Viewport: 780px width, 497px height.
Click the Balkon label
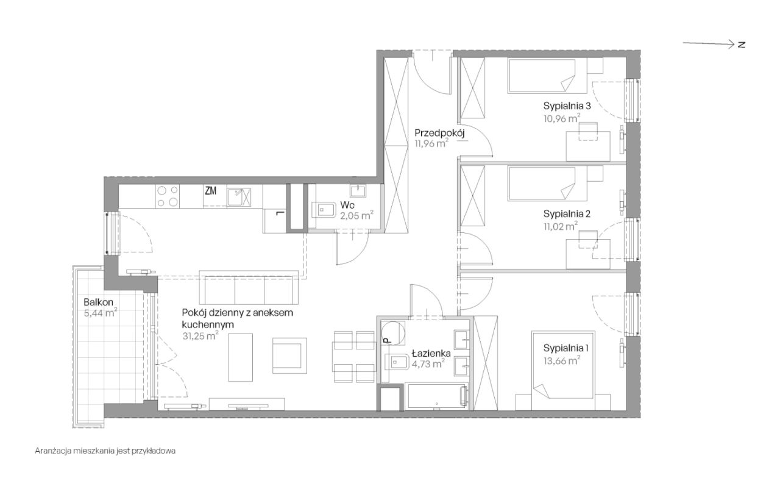[98, 302]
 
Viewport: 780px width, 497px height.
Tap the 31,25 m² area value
[200, 336]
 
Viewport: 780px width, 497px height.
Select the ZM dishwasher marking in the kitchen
[210, 191]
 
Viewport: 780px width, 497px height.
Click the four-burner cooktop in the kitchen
[168, 196]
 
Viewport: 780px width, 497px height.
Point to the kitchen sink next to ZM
[239, 197]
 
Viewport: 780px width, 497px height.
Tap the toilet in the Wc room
[323, 210]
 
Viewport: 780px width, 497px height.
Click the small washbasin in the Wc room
[358, 191]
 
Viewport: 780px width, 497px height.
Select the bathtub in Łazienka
[436, 396]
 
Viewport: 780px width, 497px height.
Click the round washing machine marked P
[393, 332]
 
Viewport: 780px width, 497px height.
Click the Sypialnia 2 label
[567, 213]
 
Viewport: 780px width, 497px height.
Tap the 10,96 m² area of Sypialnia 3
[562, 118]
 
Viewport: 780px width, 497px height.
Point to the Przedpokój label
[439, 133]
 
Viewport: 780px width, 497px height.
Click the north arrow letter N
[742, 45]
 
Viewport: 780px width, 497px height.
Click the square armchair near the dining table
[289, 356]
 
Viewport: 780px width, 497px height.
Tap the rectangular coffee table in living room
[241, 357]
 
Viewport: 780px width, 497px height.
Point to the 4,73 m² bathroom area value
[428, 364]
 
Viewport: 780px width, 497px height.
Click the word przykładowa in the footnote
[154, 451]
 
